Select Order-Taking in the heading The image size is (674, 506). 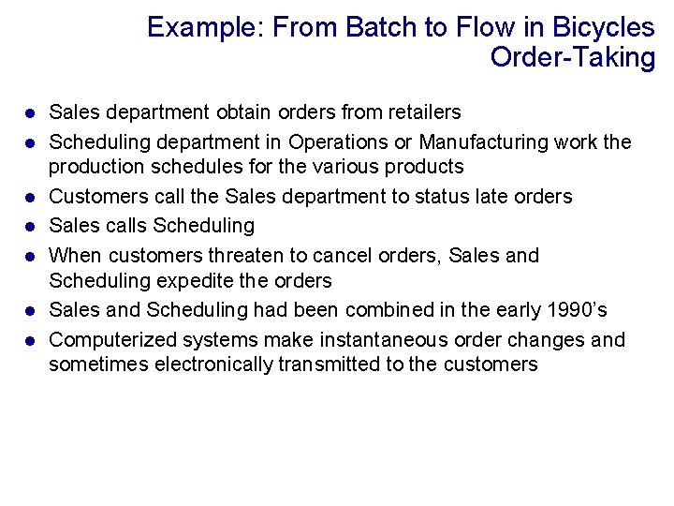(572, 57)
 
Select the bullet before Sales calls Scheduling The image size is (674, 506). (31, 226)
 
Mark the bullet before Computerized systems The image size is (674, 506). (31, 340)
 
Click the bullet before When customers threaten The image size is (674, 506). (31, 256)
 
